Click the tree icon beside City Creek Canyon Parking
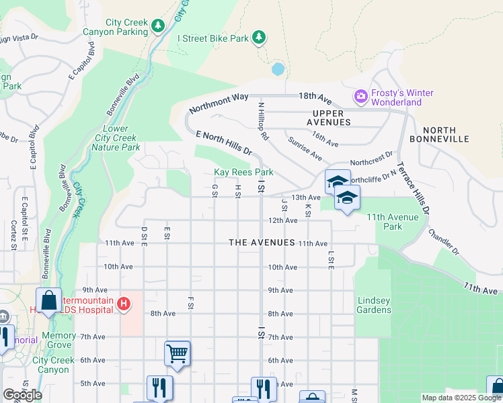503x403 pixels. click(158, 26)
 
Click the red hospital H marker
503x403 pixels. click(123, 304)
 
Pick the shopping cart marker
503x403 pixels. click(177, 352)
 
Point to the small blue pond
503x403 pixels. click(278, 69)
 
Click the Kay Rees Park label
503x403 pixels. click(243, 173)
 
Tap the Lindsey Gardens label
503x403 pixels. click(373, 305)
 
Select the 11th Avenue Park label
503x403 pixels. click(392, 222)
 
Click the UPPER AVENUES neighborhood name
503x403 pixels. click(330, 118)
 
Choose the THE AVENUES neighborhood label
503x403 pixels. click(262, 242)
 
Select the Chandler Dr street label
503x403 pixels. click(442, 242)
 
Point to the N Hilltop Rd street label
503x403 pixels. click(262, 122)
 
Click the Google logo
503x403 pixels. click(22, 395)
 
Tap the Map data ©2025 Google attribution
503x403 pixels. click(461, 398)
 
